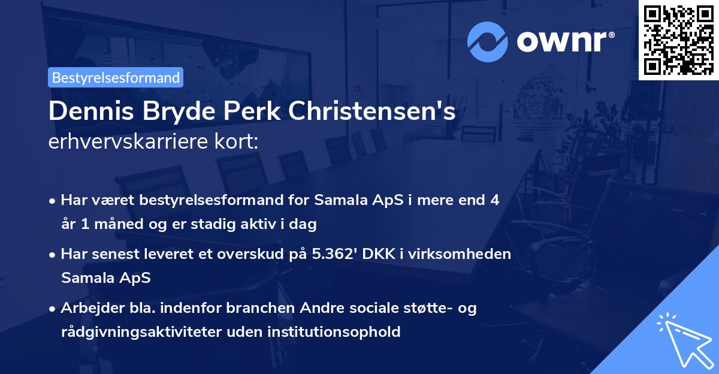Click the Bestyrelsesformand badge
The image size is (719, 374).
pos(116,77)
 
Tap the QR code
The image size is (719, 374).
pos(678,40)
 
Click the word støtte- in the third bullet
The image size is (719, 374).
pos(430,307)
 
